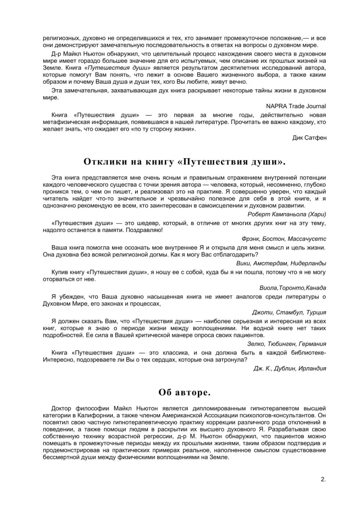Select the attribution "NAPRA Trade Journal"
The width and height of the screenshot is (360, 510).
click(x=296, y=106)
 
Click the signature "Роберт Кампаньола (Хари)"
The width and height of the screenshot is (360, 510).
click(x=287, y=214)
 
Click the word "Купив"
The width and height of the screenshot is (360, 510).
click(x=61, y=272)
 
